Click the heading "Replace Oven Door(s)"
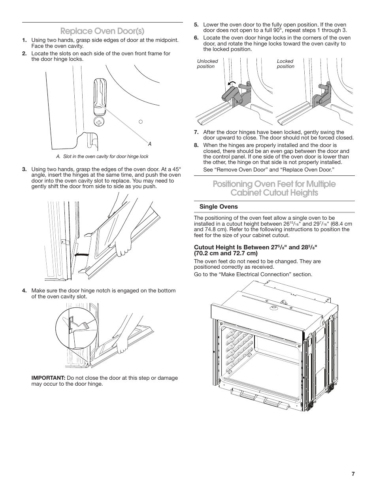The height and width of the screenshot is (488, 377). (x=102, y=31)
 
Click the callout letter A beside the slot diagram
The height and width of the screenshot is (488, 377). (x=150, y=144)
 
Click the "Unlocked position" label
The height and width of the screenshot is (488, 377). (x=207, y=64)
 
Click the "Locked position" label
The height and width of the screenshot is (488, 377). (x=285, y=64)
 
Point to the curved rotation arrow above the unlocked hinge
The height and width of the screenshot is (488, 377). (x=232, y=83)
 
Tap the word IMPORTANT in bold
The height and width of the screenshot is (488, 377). (x=48, y=378)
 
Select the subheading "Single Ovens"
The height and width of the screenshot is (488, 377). (x=219, y=207)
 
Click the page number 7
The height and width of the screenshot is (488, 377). (x=353, y=474)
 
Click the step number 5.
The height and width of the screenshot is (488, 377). (x=196, y=24)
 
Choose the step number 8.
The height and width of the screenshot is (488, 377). (x=196, y=145)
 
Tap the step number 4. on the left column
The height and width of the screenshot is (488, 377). (x=25, y=290)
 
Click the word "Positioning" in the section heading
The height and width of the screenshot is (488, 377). (x=238, y=184)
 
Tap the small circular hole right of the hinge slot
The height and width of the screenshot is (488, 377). (x=140, y=122)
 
